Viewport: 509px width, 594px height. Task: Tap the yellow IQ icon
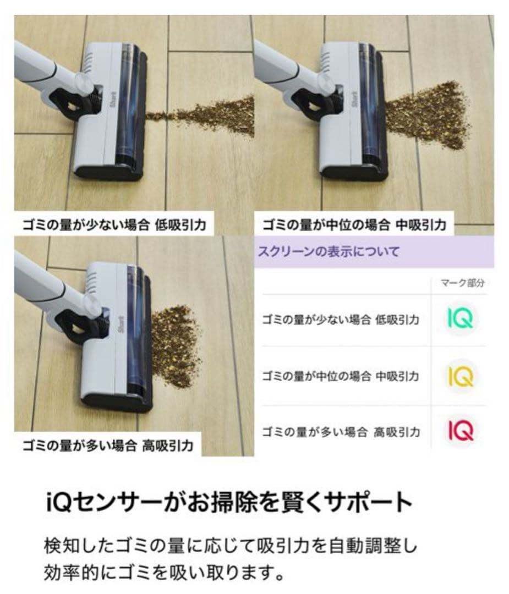click(460, 376)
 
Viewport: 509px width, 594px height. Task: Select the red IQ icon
click(460, 431)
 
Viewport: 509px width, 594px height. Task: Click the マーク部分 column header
click(462, 283)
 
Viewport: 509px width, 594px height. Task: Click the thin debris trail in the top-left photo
click(204, 116)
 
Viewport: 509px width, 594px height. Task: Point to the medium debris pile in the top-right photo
click(429, 116)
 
